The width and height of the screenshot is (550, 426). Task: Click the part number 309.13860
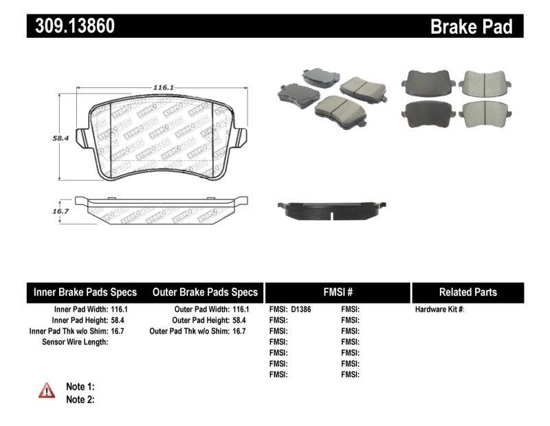tap(71, 26)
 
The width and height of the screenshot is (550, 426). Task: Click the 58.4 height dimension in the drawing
tap(62, 138)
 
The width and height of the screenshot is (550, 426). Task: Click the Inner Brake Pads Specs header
tap(85, 292)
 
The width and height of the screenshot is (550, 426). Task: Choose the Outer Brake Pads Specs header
tap(205, 292)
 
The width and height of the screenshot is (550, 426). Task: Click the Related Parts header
tap(467, 292)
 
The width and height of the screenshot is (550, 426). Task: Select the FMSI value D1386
tap(300, 310)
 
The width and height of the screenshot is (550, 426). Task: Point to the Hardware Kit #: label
tap(440, 310)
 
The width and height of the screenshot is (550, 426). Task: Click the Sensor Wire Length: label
tap(75, 342)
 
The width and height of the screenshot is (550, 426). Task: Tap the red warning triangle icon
tap(47, 390)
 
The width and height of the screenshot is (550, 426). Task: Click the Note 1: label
tap(80, 387)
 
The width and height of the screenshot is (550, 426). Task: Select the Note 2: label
tap(80, 399)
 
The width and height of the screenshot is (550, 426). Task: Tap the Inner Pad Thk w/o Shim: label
tap(66, 331)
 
